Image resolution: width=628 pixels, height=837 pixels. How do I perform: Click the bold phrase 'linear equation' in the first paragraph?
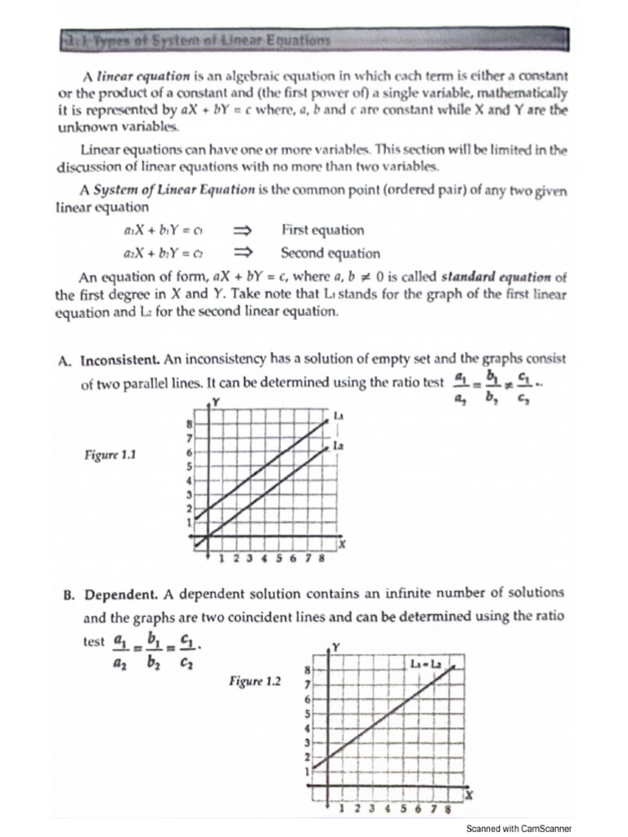(132, 75)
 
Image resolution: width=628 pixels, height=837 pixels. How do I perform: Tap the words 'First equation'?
(322, 231)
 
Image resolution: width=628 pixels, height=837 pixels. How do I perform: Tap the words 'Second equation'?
(330, 253)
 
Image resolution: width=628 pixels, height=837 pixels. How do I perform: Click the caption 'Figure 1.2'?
(255, 680)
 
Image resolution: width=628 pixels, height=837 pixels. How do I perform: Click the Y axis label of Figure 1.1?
(216, 401)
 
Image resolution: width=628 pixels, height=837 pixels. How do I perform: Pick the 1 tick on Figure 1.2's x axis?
(342, 809)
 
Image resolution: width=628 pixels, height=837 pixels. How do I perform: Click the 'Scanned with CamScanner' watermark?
(518, 828)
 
